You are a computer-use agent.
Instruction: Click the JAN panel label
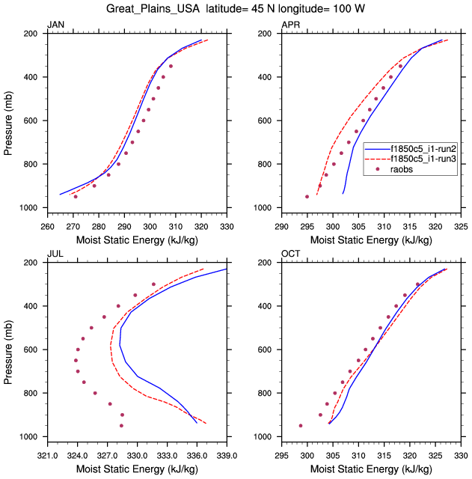[x=55, y=25]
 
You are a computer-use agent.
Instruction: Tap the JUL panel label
[x=55, y=254]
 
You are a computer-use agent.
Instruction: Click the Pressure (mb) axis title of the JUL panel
[x=8, y=349]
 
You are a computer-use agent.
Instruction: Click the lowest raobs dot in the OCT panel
[x=301, y=426]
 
